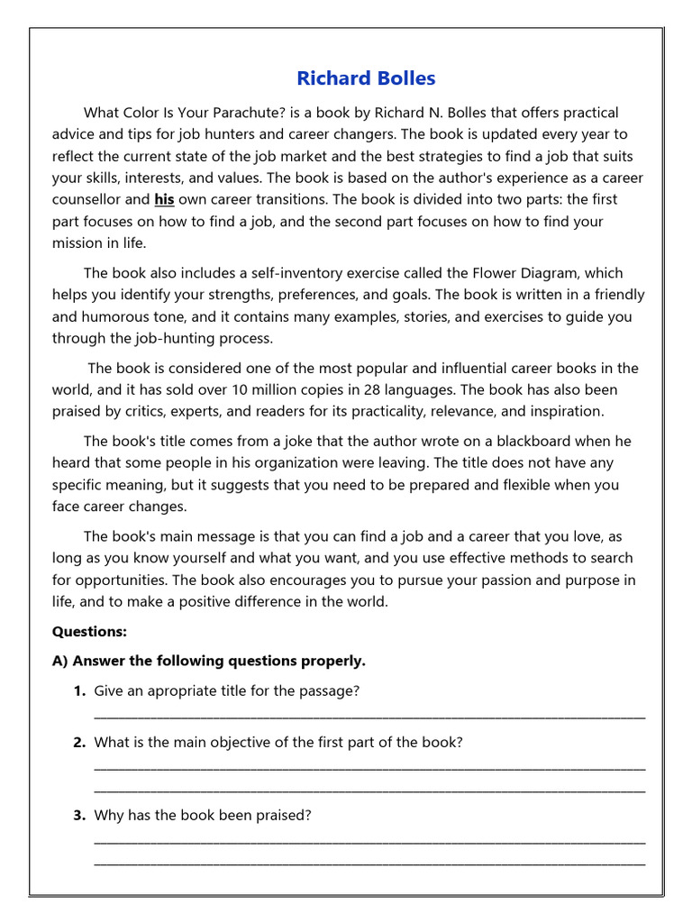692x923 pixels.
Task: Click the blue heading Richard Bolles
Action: click(x=366, y=78)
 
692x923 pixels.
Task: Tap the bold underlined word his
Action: click(x=164, y=199)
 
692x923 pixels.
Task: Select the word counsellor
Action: click(x=86, y=199)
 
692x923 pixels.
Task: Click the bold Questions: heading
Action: click(x=89, y=631)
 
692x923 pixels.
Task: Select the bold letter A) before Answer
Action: click(x=60, y=661)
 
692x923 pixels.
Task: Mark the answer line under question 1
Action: click(x=369, y=716)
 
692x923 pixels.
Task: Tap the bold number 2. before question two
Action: click(x=79, y=742)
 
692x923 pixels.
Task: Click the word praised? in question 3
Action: click(x=280, y=815)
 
